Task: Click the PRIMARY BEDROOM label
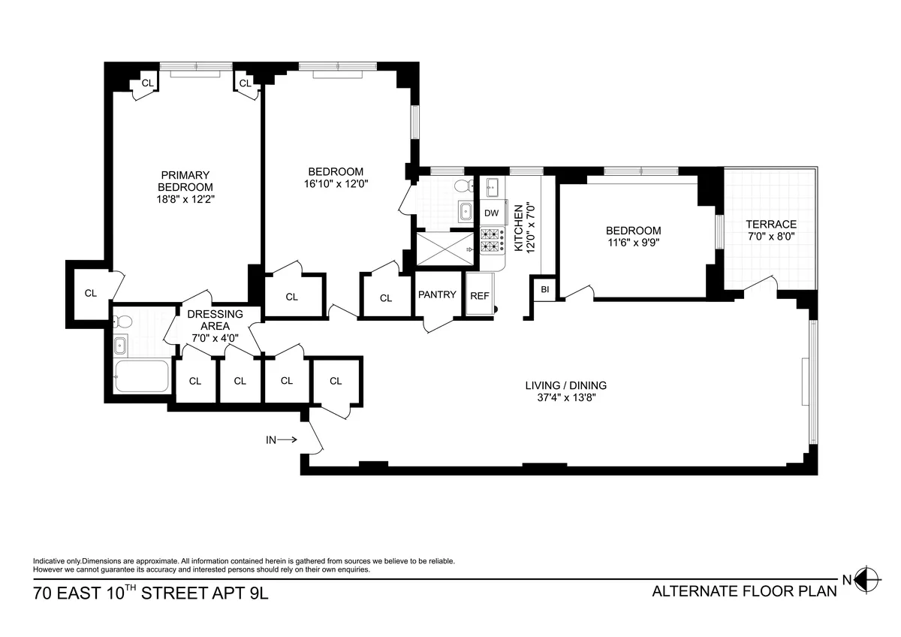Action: point(185,181)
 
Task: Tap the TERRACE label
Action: point(770,225)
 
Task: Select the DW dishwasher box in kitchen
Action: point(491,213)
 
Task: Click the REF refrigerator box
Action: point(479,296)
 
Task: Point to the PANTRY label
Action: point(437,294)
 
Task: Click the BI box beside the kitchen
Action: point(544,289)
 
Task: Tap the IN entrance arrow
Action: point(282,440)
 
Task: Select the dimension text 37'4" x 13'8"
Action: point(565,398)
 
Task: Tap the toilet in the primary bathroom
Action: point(124,322)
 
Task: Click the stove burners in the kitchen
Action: point(491,240)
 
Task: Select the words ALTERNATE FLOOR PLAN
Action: point(744,591)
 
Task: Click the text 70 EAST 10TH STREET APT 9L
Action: point(150,593)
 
